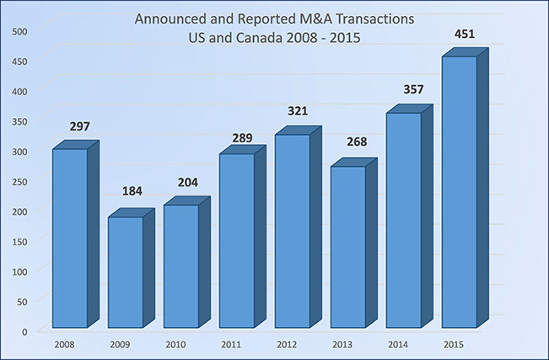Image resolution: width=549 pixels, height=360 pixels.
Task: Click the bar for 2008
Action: tap(69, 238)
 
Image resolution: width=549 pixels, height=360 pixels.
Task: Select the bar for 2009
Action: tap(125, 271)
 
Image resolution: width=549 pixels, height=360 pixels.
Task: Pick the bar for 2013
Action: tap(347, 246)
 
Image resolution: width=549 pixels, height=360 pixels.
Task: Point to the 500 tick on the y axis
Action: tap(19, 31)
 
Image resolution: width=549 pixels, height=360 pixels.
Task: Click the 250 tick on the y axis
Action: tap(19, 181)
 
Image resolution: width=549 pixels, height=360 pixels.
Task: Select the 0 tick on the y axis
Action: tap(25, 330)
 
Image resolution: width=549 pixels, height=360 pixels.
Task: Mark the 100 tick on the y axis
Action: tap(19, 271)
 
